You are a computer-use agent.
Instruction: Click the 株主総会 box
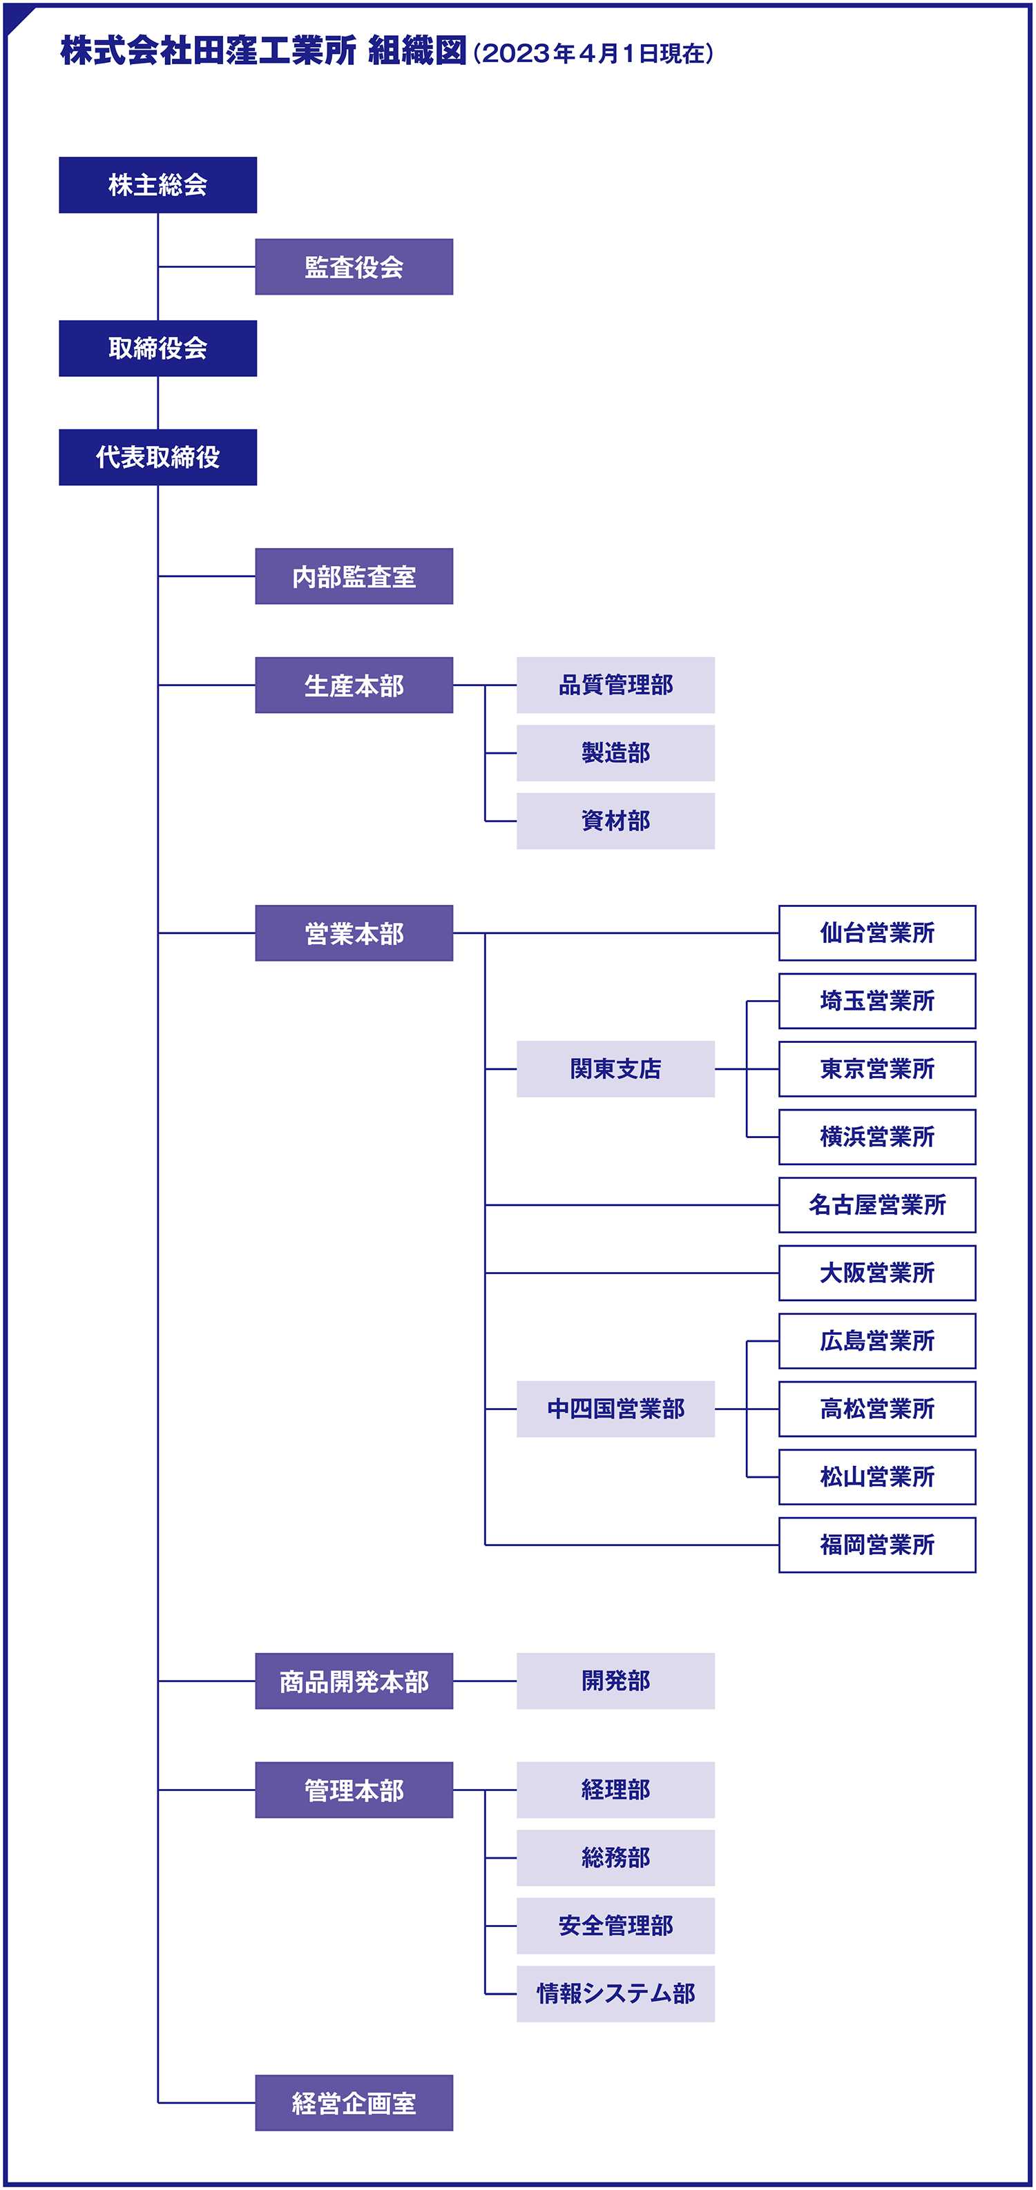tap(157, 184)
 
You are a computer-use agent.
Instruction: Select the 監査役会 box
tap(354, 267)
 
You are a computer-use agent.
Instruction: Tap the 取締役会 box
tap(157, 348)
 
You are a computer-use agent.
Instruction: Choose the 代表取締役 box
tap(157, 458)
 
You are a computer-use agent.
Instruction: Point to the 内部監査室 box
tap(354, 576)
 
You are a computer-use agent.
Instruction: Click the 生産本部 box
tap(354, 685)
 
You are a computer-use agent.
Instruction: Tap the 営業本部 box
tap(354, 933)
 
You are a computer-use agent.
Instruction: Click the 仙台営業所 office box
tap(877, 932)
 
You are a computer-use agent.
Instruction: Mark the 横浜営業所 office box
tap(877, 1137)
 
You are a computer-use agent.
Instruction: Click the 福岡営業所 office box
tap(877, 1545)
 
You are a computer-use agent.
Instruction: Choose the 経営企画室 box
tap(354, 2103)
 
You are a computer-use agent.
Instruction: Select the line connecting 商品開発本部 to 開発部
tap(485, 1681)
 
